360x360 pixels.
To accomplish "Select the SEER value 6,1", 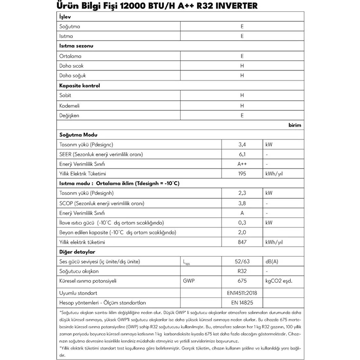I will point(242,154).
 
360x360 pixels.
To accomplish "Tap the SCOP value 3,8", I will point(242,203).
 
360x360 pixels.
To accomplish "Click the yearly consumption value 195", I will point(242,173).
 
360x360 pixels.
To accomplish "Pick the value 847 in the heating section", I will point(242,242).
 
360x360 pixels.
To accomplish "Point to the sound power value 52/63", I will point(242,261).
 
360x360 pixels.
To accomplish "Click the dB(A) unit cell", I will point(272,261).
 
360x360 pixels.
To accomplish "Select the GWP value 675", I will point(242,281).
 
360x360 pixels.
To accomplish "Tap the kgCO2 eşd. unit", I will point(279,281).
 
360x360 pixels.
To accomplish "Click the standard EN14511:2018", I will point(242,293).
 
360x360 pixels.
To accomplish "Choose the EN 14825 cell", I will point(242,303).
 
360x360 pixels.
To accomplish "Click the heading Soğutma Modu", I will point(78,135).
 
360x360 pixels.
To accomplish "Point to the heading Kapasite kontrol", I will point(80,86).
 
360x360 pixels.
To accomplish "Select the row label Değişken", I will point(69,116).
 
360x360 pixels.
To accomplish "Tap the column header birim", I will point(295,125).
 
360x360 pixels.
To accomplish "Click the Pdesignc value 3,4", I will point(242,144).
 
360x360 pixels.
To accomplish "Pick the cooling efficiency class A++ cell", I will point(242,164).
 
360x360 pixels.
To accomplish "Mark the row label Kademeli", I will point(69,106).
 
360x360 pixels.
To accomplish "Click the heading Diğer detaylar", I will point(77,252).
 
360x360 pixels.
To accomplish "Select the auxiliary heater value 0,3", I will point(242,223).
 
